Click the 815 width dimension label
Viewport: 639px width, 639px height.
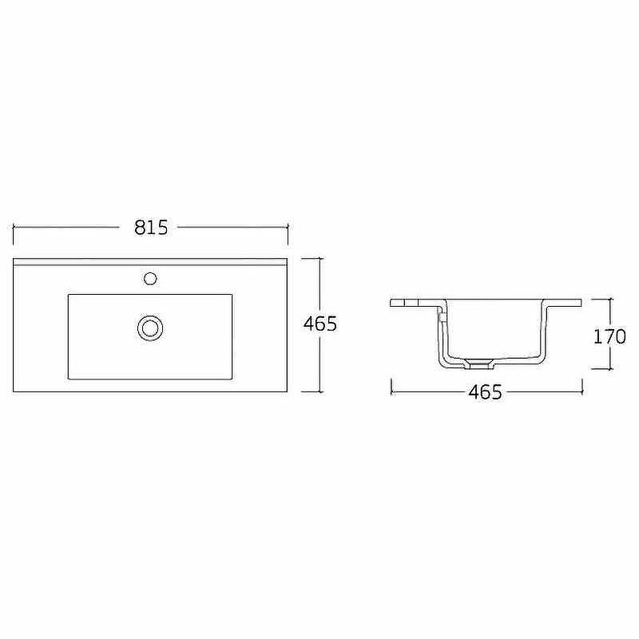pyautogui.click(x=151, y=228)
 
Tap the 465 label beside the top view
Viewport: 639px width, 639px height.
pyautogui.click(x=320, y=323)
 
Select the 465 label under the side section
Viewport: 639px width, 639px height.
pyautogui.click(x=486, y=392)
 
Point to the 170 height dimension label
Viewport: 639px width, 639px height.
pyautogui.click(x=609, y=336)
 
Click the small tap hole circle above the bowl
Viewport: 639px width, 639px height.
pyautogui.click(x=150, y=279)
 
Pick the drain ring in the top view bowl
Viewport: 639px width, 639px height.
pyautogui.click(x=150, y=328)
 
